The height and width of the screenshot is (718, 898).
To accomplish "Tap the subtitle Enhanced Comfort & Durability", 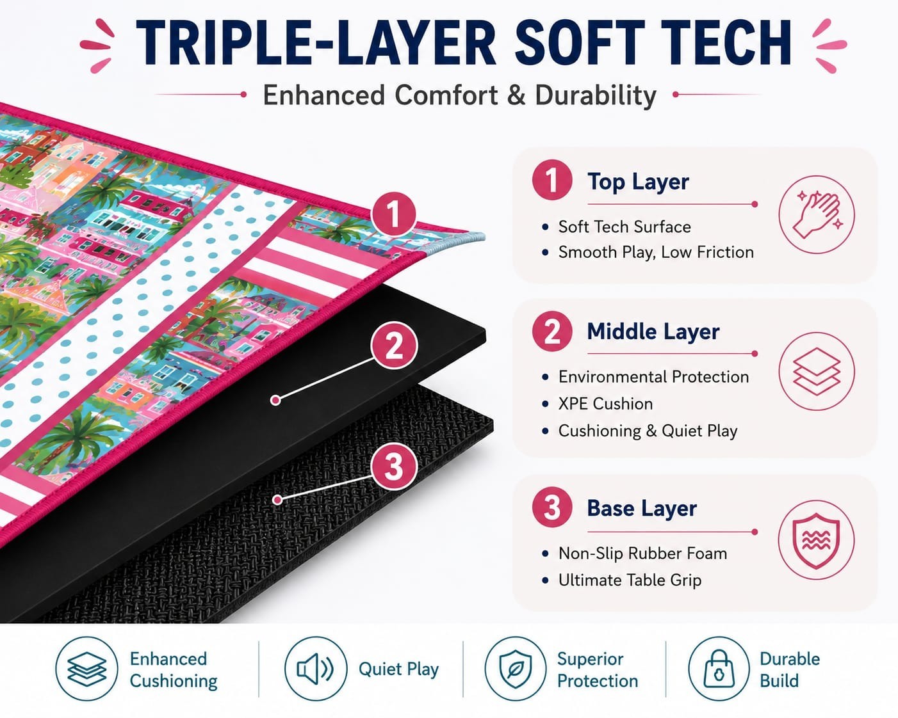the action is [459, 95].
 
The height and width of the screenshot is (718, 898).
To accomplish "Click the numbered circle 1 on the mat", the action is [393, 215].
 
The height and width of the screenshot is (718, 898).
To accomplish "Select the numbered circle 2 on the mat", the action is [393, 345].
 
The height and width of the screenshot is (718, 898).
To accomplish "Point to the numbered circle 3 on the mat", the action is [393, 466].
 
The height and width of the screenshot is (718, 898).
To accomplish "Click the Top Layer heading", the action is [638, 182].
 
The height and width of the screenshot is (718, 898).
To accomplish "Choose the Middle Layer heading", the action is [653, 331].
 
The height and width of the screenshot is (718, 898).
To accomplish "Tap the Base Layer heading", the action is [642, 508].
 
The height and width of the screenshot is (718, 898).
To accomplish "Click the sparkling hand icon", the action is [816, 214].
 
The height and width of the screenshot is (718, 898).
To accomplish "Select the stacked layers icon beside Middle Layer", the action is [816, 371].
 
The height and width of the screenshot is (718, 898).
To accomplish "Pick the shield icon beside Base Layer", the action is [816, 541].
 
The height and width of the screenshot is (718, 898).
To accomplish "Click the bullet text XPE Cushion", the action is [605, 404].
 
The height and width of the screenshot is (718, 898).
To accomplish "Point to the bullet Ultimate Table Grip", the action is [630, 580].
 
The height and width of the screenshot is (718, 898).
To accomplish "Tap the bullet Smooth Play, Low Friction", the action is [656, 252].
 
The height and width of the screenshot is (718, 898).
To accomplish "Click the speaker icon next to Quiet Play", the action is [316, 668].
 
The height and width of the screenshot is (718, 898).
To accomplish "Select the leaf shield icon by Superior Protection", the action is [516, 668].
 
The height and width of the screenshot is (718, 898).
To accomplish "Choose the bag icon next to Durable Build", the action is [719, 668].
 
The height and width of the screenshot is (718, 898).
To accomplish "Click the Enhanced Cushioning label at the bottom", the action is [173, 669].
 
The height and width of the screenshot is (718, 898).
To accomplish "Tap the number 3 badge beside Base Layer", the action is [551, 508].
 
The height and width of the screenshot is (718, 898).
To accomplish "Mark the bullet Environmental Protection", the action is [653, 377].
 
